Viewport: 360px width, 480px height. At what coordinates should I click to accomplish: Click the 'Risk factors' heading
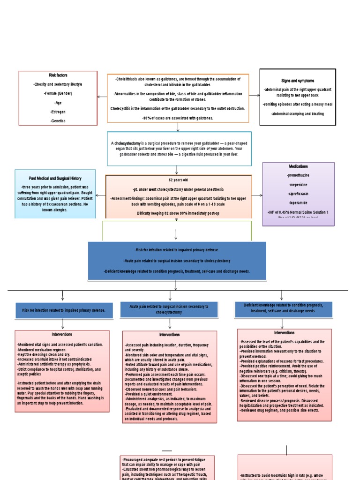[x=58, y=75]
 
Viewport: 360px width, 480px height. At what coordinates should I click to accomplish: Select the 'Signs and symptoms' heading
[x=298, y=81]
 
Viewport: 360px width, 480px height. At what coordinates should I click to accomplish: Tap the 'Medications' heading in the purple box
[x=299, y=166]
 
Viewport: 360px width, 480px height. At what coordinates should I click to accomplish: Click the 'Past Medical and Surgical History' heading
[x=55, y=178]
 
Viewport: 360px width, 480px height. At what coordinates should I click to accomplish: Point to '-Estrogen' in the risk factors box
[x=58, y=112]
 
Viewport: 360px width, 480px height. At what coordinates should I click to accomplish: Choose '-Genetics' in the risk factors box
[x=58, y=121]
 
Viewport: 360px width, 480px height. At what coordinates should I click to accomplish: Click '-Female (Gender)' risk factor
[x=58, y=93]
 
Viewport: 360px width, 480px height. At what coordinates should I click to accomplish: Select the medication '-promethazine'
[x=299, y=175]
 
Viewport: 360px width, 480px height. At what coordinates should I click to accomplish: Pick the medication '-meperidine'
[x=299, y=184]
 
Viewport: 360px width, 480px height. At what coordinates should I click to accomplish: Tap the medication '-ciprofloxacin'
[x=299, y=193]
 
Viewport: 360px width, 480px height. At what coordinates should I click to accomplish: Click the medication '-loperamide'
[x=299, y=202]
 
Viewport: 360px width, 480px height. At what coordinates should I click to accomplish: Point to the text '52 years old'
[x=178, y=180]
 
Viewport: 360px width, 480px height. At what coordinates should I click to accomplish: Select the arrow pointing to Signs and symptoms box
[x=254, y=95]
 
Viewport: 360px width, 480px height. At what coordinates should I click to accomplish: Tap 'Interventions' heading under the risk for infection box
[x=62, y=335]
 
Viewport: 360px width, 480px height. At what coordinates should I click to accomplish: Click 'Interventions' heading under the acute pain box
[x=169, y=335]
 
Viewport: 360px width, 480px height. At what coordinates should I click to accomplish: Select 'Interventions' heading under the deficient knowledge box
[x=284, y=332]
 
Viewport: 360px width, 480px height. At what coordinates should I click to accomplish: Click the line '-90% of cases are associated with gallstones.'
[x=178, y=118]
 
